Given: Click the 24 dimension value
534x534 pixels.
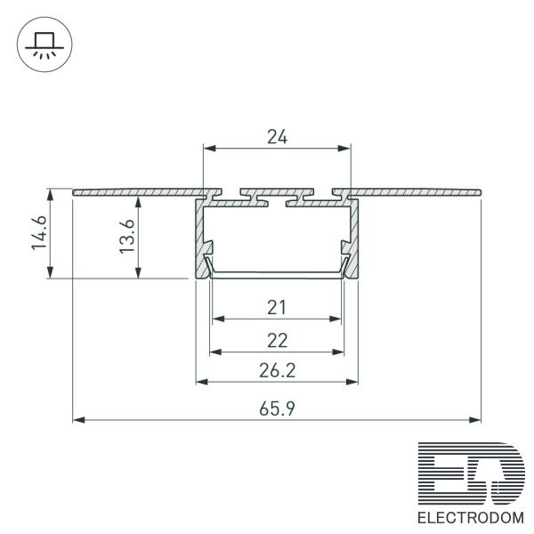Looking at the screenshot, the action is point(277,137).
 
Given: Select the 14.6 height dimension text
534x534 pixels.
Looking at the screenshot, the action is point(39,232).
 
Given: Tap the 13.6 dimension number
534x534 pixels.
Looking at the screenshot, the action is point(127,236).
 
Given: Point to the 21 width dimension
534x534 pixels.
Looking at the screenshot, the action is point(277,308).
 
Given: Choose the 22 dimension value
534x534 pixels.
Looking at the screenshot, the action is point(277,340).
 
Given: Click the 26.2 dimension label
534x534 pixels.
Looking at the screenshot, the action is point(277,370).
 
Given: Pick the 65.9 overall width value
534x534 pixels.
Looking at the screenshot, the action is point(277,409).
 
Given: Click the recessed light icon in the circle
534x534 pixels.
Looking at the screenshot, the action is point(44,45).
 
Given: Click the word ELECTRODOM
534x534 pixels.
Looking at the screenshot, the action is point(471,518).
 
